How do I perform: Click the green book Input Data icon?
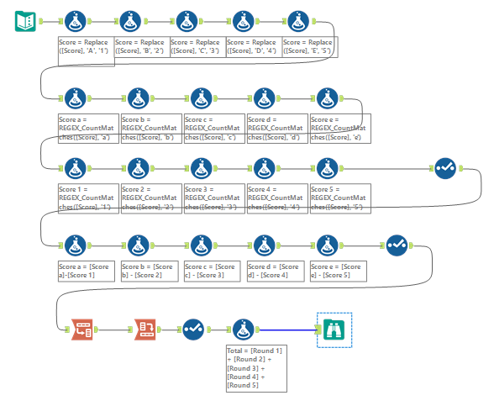click(x=25, y=20)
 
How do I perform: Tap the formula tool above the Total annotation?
click(x=243, y=329)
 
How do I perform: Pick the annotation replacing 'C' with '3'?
click(x=197, y=46)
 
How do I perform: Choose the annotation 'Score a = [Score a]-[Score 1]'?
click(x=88, y=270)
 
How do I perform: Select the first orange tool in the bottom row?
click(x=81, y=329)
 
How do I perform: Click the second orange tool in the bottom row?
click(x=145, y=329)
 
